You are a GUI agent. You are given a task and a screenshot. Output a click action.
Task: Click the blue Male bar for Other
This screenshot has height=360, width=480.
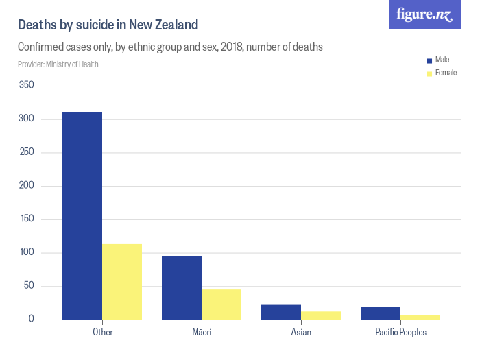(82, 216)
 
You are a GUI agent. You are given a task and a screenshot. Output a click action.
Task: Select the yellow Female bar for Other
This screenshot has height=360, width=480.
(122, 282)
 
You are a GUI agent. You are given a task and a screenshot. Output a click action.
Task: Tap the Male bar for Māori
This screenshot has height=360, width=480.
(182, 288)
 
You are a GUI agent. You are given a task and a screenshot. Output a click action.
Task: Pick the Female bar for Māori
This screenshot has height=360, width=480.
(221, 304)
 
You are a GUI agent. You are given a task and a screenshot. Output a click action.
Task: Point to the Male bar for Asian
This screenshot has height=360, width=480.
(281, 312)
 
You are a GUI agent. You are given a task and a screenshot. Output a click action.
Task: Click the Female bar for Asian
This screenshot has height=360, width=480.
(321, 315)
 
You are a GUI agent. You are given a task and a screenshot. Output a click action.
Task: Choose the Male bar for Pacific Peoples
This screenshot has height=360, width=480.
(381, 313)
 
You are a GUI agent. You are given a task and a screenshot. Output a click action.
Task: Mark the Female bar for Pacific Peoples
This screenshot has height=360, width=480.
(420, 317)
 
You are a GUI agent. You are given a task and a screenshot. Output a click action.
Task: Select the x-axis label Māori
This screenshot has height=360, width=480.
(202, 333)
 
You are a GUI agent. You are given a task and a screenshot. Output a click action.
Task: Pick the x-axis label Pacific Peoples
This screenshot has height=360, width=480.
(400, 333)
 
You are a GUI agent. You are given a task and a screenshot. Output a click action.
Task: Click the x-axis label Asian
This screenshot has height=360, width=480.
(301, 333)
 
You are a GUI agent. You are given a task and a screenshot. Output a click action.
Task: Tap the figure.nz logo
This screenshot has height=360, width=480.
(424, 14)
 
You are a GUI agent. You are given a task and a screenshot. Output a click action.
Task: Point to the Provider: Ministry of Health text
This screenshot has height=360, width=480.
(58, 64)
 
